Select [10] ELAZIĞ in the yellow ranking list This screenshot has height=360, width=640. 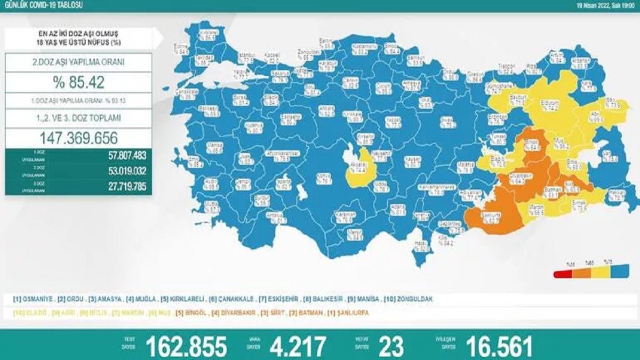(x=31, y=313)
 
